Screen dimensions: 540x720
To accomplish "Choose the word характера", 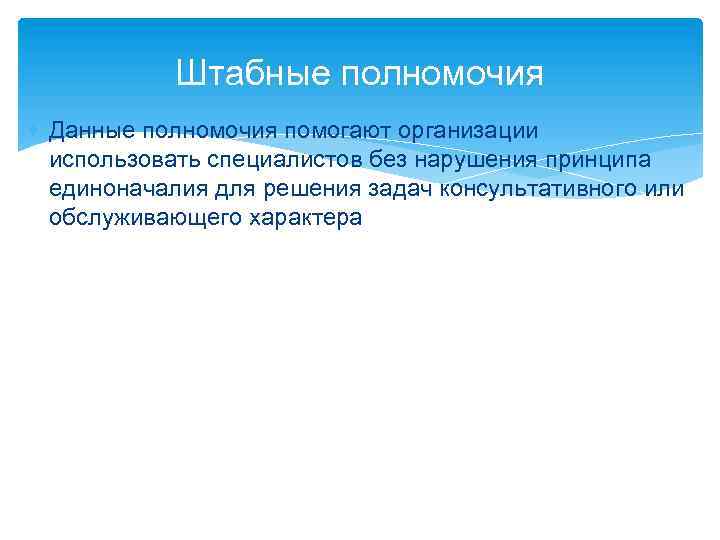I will click(297, 218).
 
